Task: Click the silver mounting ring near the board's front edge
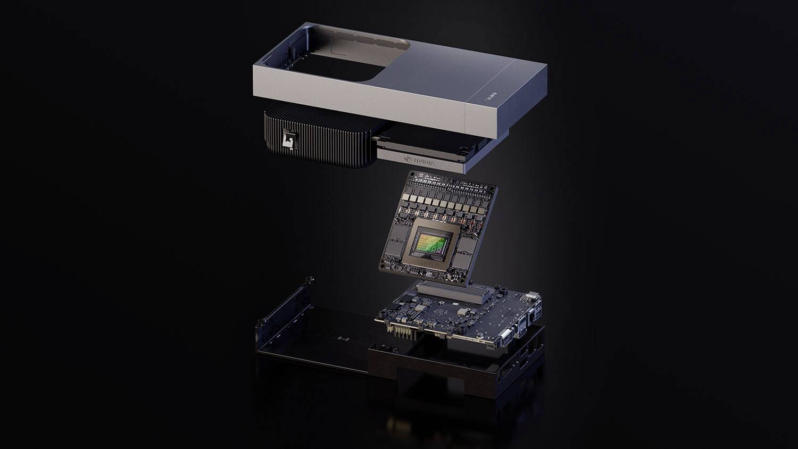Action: [x=480, y=336]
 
